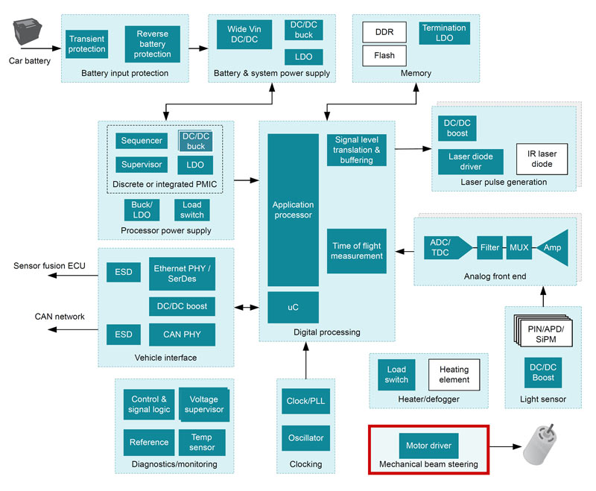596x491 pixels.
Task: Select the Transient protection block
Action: pos(86,44)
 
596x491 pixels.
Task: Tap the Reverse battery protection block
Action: pos(153,44)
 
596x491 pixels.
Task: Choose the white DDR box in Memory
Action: pos(384,32)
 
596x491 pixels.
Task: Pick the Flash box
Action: pos(384,56)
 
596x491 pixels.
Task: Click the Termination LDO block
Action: pos(444,33)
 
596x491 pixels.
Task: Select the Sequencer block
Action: pos(142,141)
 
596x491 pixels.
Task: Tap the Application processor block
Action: pos(293,210)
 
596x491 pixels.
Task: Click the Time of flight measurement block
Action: pos(357,251)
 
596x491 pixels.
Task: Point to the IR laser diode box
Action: pos(542,159)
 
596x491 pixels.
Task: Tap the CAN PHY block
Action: pos(183,335)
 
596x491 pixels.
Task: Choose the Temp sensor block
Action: pos(202,443)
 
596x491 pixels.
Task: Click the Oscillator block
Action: pos(305,438)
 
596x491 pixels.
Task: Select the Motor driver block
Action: pos(429,446)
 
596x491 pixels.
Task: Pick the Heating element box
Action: pos(454,375)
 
